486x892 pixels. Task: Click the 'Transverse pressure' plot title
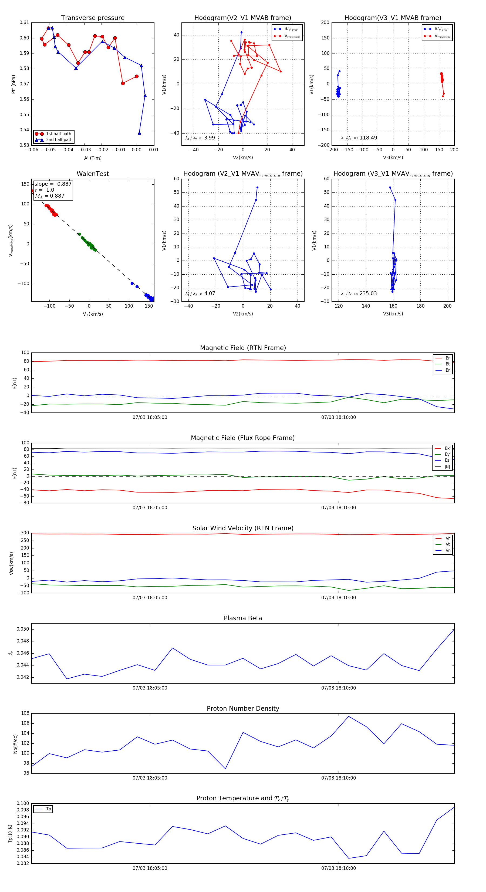93,18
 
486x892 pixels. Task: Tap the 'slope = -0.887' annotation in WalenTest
53,184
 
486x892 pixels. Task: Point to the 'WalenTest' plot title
93,174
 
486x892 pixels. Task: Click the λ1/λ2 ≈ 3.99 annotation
200,138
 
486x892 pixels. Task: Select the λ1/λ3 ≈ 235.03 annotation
359,294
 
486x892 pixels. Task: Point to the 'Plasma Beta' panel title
243,618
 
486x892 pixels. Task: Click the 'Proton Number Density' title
243,708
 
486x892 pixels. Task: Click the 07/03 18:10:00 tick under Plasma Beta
338,688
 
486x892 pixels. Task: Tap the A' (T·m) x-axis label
93,158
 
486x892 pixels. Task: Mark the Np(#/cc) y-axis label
15,743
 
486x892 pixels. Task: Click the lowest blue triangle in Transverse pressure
139,133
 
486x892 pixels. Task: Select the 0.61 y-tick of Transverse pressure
24,22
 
